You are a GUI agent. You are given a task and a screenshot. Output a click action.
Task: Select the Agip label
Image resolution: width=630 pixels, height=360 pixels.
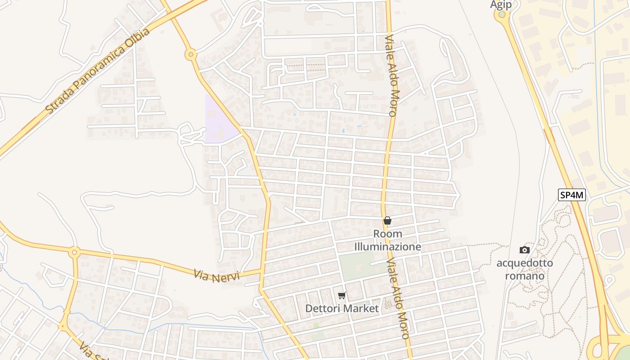pyautogui.click(x=501, y=4)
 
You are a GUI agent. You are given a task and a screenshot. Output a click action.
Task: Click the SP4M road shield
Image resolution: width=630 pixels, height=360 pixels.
pyautogui.click(x=572, y=195)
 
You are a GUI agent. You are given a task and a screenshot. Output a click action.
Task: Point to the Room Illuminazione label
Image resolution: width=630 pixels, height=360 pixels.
pyautogui.click(x=387, y=240)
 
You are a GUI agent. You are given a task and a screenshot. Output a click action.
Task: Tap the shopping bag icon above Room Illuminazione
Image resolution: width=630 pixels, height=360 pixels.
pyautogui.click(x=387, y=220)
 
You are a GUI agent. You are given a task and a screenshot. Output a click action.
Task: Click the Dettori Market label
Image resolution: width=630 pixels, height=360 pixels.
pyautogui.click(x=342, y=308)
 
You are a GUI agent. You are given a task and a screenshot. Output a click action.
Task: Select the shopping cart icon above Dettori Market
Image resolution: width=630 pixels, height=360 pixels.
pyautogui.click(x=342, y=296)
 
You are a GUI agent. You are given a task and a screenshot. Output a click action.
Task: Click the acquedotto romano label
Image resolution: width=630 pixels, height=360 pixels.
pyautogui.click(x=525, y=269)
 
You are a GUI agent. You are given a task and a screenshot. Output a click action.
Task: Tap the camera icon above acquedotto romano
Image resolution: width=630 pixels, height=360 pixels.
pyautogui.click(x=524, y=250)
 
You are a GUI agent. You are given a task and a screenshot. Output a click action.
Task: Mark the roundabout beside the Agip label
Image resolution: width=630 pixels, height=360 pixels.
pyautogui.click(x=501, y=15)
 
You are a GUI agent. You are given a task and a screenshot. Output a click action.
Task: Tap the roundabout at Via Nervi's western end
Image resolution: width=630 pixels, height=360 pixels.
pyautogui.click(x=75, y=252)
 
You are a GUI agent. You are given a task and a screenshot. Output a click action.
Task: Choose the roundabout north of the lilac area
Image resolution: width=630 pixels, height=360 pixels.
pyautogui.click(x=191, y=55)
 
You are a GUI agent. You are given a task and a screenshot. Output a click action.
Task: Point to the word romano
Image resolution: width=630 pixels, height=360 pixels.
pyautogui.click(x=525, y=275)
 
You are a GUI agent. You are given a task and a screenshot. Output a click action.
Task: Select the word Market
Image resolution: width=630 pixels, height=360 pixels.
pyautogui.click(x=361, y=308)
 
